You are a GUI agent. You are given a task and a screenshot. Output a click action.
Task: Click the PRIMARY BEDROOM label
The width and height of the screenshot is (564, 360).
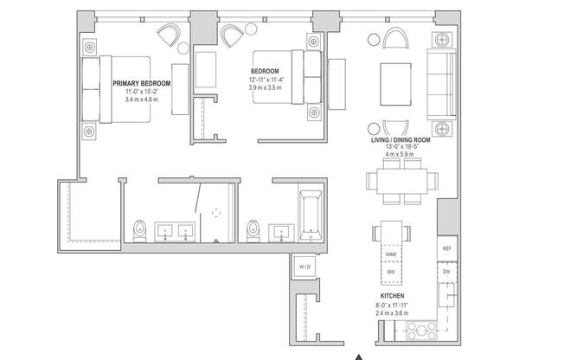click(x=142, y=83)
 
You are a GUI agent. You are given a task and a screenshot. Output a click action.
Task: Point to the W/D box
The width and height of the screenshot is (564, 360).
click(x=304, y=266)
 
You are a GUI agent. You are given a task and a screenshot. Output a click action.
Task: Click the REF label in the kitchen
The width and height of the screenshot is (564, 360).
click(x=446, y=248)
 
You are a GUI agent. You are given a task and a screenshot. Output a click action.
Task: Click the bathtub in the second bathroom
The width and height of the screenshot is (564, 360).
click(x=310, y=216)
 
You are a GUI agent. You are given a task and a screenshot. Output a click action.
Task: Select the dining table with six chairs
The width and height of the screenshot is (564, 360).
click(x=396, y=183)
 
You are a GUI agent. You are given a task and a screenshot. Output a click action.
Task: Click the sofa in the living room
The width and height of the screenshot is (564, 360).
click(x=442, y=82)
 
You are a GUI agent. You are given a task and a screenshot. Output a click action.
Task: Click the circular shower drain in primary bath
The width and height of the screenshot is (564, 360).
click(x=215, y=212)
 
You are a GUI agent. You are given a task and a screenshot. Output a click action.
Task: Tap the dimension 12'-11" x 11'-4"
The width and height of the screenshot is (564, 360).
click(x=266, y=80)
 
